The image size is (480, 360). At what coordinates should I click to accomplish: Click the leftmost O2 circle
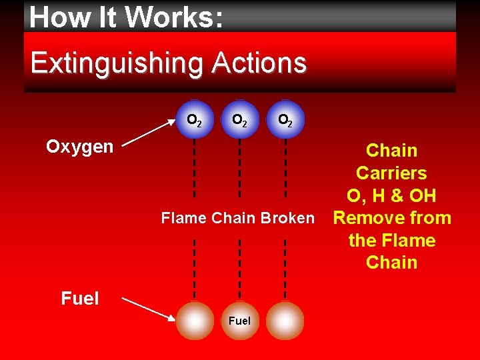pyautogui.click(x=195, y=120)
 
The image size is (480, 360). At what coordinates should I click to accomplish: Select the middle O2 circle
pyautogui.click(x=239, y=120)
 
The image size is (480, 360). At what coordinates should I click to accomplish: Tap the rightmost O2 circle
pyautogui.click(x=285, y=120)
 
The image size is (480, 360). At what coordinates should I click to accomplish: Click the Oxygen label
pyautogui.click(x=80, y=147)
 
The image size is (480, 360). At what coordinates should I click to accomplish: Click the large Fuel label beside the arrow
pyautogui.click(x=80, y=299)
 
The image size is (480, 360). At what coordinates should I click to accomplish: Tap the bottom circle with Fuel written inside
pyautogui.click(x=239, y=321)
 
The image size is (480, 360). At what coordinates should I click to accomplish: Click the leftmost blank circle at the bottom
pyautogui.click(x=195, y=321)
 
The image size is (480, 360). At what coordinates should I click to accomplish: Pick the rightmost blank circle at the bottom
pyautogui.click(x=285, y=321)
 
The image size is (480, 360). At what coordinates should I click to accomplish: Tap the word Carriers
pyautogui.click(x=391, y=173)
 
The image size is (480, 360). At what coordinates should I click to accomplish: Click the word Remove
pyautogui.click(x=367, y=218)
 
